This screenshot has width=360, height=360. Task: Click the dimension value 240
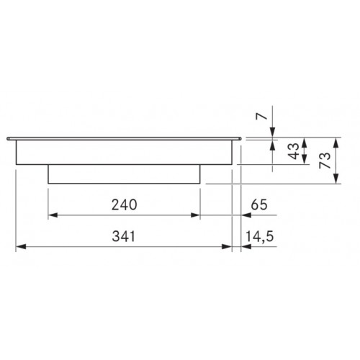124,204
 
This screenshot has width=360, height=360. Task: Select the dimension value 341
124,236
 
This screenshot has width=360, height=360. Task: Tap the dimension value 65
259,204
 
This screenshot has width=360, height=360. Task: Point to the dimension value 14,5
259,236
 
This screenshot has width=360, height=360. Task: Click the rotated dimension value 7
261,116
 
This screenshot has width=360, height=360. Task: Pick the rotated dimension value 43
294,151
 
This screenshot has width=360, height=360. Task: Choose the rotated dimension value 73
325,161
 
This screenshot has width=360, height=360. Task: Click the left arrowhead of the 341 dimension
21,246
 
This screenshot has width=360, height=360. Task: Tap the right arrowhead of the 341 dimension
227,246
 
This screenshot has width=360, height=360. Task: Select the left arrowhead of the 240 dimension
53,215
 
